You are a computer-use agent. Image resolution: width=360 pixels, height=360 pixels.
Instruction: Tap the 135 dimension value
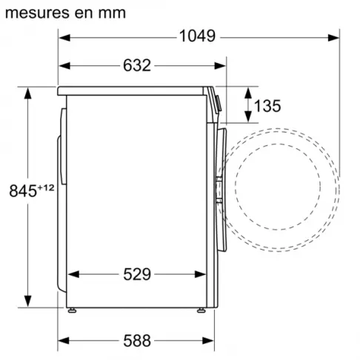point(267,106)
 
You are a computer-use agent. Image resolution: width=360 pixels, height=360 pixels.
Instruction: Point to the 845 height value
point(21,191)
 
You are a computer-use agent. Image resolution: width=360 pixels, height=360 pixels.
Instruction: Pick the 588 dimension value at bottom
point(136,341)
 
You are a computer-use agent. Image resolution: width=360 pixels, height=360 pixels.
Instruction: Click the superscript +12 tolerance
point(46,187)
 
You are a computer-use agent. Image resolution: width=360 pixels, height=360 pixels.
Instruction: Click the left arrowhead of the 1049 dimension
point(62,35)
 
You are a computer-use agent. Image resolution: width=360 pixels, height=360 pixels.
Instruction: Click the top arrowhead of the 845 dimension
point(29,92)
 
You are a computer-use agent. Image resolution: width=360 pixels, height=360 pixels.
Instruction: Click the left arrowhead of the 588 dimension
point(62,341)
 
